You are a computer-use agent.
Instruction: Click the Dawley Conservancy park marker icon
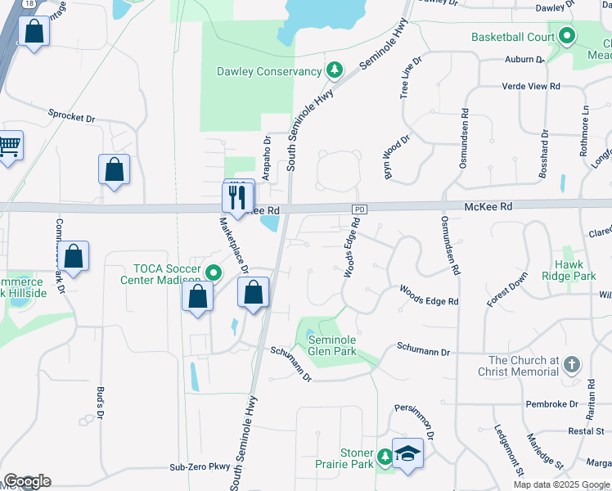click(334, 71)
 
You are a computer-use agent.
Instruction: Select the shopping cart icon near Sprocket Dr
click(8, 146)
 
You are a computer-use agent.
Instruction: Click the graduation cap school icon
click(407, 453)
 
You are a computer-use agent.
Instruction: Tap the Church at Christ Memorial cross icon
click(572, 364)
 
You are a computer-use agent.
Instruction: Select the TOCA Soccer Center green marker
click(214, 273)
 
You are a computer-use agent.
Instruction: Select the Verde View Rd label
click(533, 86)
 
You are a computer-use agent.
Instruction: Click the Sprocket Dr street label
click(72, 116)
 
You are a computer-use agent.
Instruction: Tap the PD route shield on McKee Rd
click(358, 209)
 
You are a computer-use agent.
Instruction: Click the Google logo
click(27, 481)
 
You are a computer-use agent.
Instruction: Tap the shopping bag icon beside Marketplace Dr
click(253, 292)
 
